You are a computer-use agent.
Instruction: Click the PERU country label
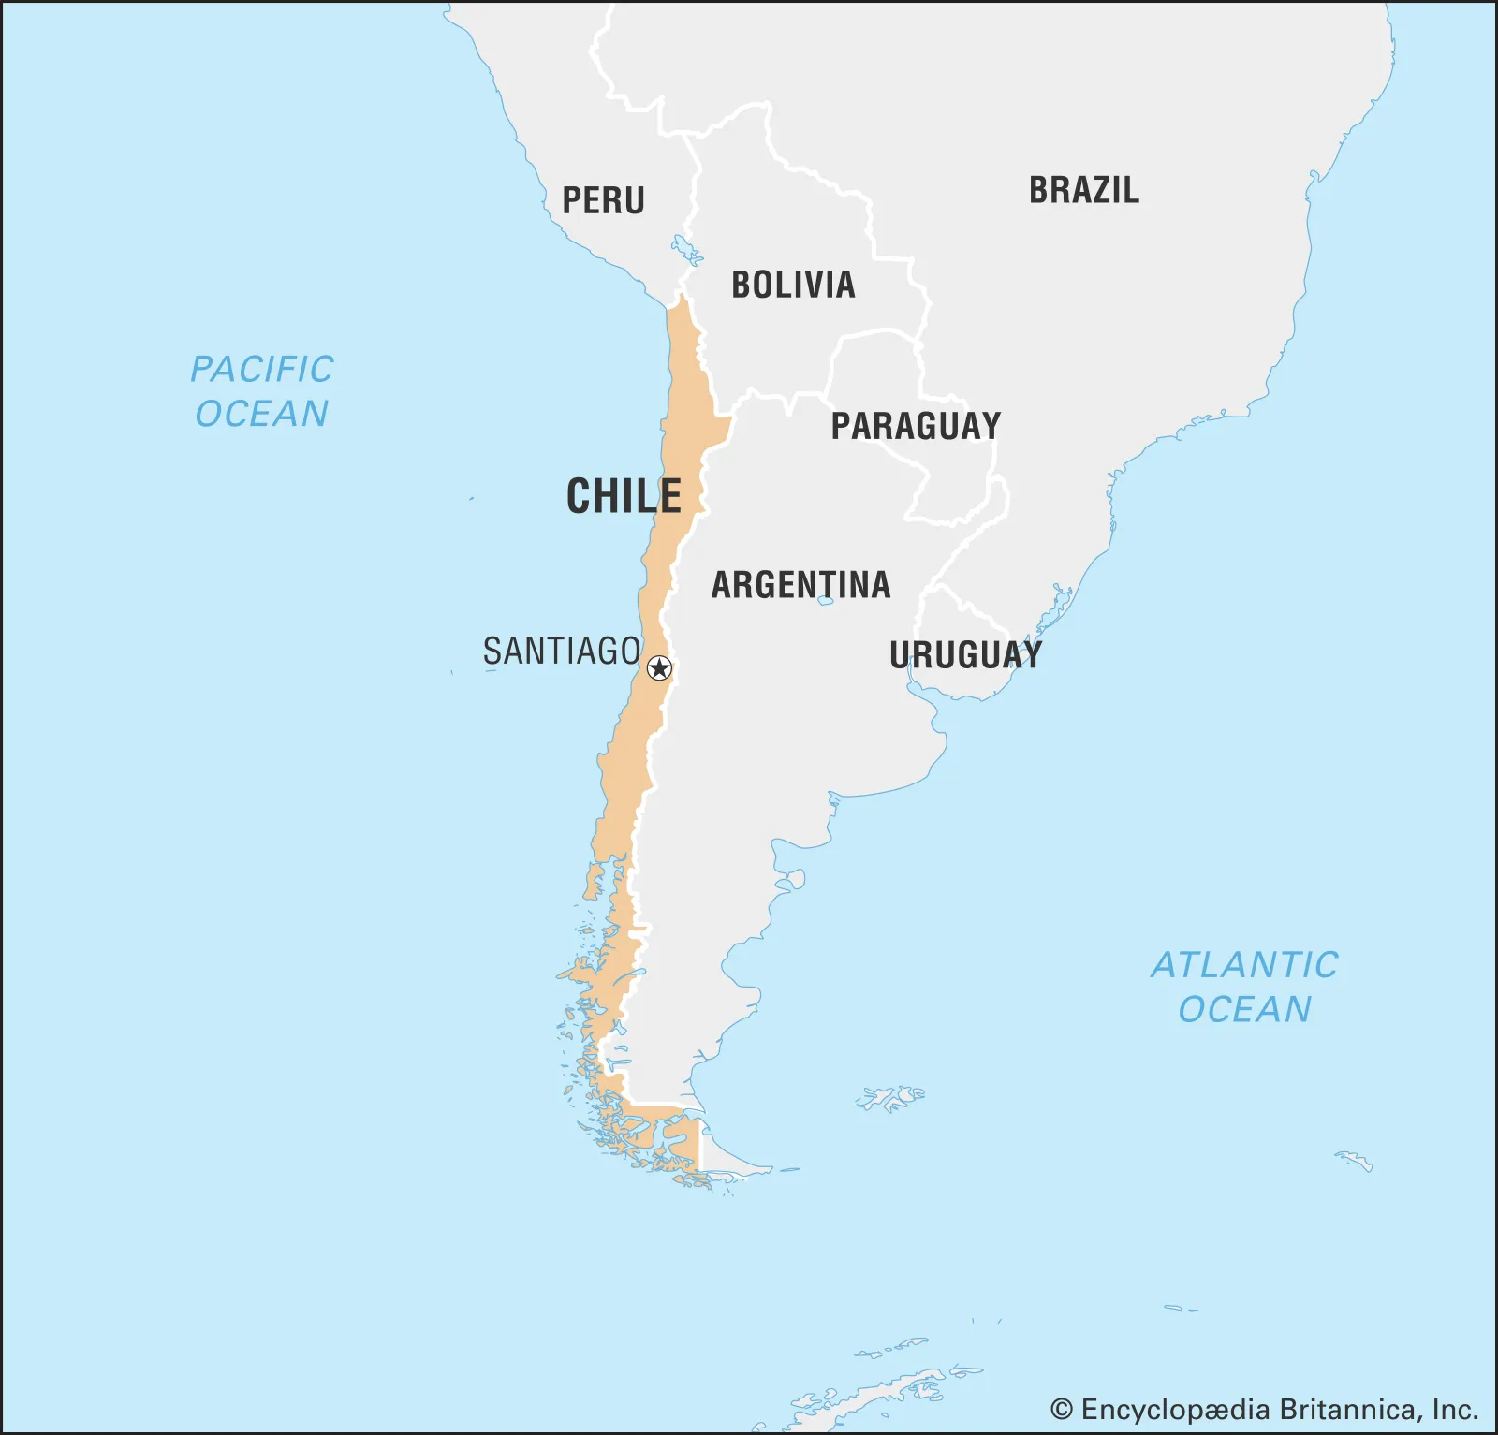603,200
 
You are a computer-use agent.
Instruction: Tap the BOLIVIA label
793,285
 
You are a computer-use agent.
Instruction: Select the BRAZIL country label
1084,190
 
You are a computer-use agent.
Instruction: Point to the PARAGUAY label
916,426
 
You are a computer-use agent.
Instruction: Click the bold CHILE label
624,496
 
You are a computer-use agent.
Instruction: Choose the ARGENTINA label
800,585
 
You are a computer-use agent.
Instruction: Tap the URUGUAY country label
965,654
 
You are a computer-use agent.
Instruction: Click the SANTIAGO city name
562,651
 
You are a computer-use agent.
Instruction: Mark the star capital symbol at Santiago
660,667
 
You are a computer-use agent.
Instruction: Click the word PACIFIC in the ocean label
262,369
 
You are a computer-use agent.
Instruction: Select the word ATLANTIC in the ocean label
1244,965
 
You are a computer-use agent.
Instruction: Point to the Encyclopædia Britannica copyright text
1264,1409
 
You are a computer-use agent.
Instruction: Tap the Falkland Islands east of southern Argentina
891,1097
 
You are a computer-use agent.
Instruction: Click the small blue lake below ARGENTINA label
825,601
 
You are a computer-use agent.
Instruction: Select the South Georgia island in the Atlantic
1355,1162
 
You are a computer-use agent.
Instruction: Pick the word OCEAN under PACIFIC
262,414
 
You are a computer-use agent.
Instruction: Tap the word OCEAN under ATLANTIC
1244,1009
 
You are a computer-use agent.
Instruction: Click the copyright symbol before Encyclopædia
1061,1409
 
